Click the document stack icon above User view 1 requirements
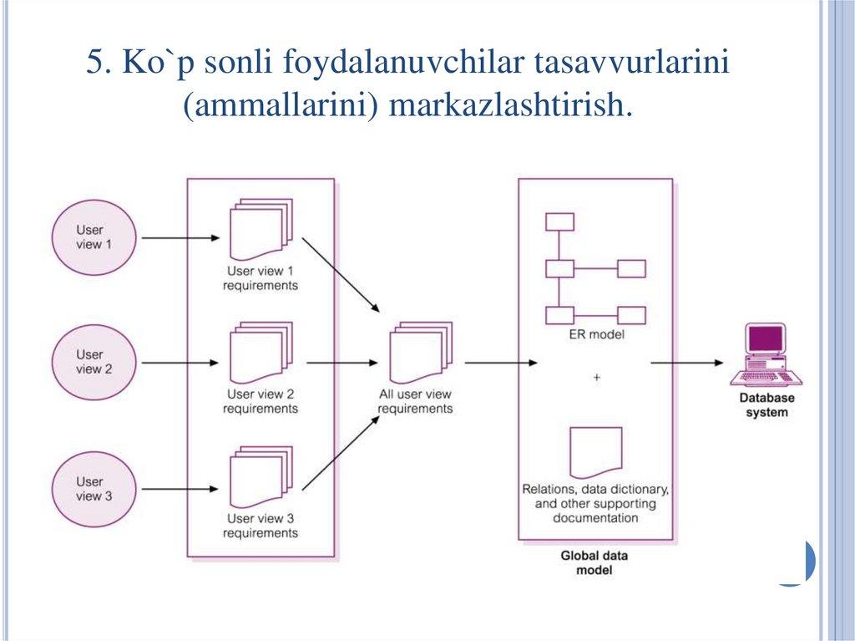coord(260,229)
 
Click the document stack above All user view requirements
coord(420,353)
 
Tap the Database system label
coord(766,405)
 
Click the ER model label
coord(596,334)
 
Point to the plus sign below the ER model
coord(596,378)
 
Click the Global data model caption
coord(594,562)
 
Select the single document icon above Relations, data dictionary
coord(595,452)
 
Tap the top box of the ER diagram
coord(559,221)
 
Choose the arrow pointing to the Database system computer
coord(686,362)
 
